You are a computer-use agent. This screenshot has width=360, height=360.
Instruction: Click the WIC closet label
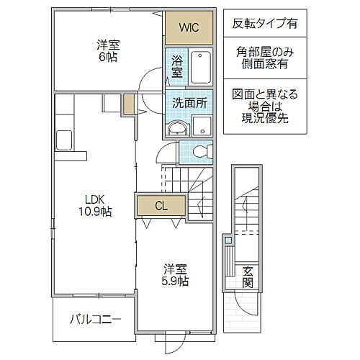pos(189,29)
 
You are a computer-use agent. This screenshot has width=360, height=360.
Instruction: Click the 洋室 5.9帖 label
pos(174,276)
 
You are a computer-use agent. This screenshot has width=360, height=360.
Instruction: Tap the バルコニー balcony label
pos(95,318)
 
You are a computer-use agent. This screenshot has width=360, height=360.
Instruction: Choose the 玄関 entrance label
pos(248,276)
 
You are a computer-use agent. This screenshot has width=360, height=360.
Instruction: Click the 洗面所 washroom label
pos(189,103)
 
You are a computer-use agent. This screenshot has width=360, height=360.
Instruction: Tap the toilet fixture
pos(203,150)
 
